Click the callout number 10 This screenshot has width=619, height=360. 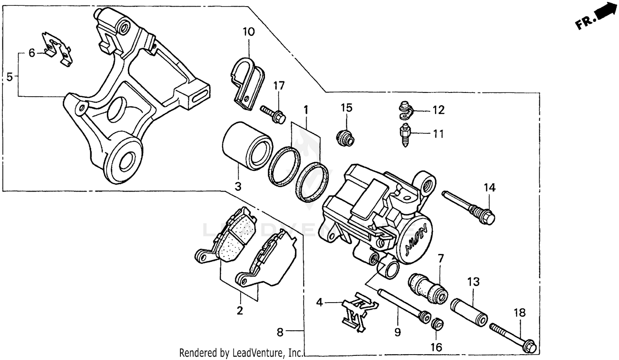[x=248, y=31]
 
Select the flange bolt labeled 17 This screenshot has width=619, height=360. [x=273, y=114]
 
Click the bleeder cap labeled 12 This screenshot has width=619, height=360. [x=406, y=109]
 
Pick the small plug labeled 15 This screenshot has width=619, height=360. [x=345, y=138]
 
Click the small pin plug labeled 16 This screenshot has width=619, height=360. [x=437, y=324]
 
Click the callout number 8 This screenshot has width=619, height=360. [x=280, y=332]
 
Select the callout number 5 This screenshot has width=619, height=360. [x=9, y=77]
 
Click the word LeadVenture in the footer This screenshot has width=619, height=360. [x=258, y=353]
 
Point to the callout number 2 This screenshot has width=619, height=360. [x=240, y=310]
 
